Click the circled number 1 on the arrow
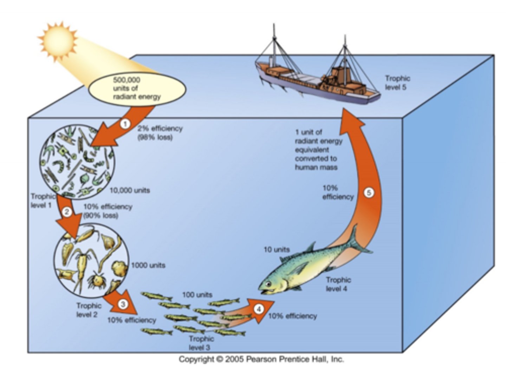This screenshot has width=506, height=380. pos(125,124)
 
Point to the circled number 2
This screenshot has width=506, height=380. pos(67,212)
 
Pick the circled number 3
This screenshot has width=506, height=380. pos(122,304)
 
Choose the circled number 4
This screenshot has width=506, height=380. pos(259,309)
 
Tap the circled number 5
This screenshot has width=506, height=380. pos(369,193)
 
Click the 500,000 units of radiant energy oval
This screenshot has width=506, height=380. pos(137,88)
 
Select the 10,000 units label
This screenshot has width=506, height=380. pos(130,190)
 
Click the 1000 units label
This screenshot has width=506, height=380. pos(148,265)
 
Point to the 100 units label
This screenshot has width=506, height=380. pos(197,295)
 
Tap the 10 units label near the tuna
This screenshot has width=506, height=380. pos(277,250)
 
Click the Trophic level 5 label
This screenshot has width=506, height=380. pos(397,83)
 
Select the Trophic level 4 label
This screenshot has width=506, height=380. pos(338,284)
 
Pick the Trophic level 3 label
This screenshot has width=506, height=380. pos(201,343)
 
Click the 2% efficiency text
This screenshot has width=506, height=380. pos(160,129)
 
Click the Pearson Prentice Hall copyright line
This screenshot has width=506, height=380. pos(261,359)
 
